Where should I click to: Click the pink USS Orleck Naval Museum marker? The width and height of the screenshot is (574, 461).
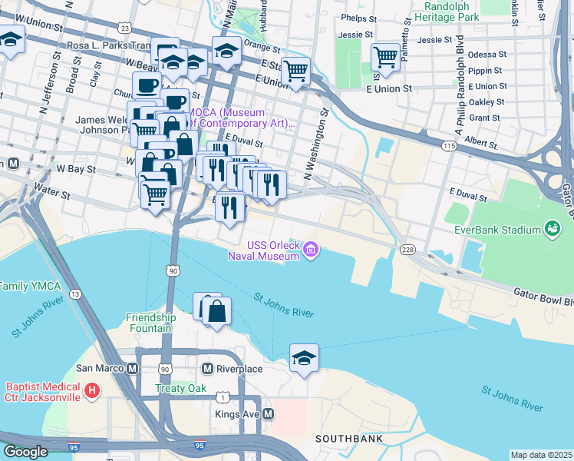[x=311, y=248]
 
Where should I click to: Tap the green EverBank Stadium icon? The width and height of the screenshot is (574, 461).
[x=551, y=228]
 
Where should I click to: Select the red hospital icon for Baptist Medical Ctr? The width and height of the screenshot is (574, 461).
[x=92, y=391]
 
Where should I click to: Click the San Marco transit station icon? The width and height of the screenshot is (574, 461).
[x=132, y=369]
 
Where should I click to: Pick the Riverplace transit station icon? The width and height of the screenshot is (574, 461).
[x=206, y=369]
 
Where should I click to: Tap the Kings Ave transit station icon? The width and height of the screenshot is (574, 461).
[x=268, y=414]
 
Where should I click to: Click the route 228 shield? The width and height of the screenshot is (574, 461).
[x=407, y=249]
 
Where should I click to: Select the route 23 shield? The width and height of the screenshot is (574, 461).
[x=124, y=27]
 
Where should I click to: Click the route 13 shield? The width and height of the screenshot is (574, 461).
[x=74, y=294]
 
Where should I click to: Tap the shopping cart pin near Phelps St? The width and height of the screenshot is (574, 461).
[x=385, y=56]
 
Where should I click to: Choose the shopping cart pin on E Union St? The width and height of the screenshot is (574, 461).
[x=295, y=71]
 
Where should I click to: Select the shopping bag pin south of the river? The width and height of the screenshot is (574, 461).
[x=217, y=312]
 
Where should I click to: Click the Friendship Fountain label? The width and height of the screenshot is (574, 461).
[x=151, y=323]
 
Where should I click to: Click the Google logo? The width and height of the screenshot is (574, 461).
[x=26, y=452]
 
